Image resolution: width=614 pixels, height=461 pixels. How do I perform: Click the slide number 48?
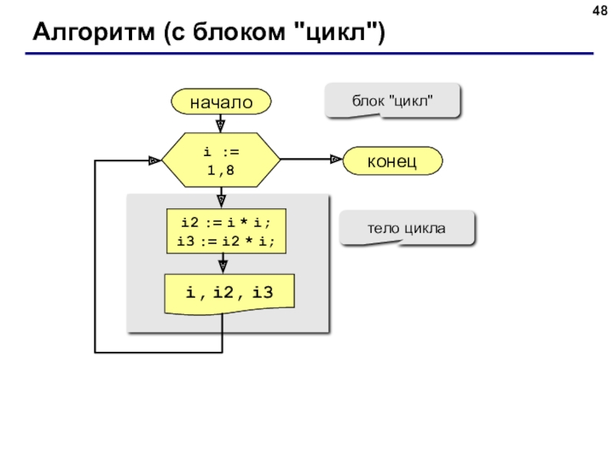point(600,11)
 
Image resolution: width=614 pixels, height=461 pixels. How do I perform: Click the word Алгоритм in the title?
point(94,32)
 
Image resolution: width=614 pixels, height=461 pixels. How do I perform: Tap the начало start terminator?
point(221,101)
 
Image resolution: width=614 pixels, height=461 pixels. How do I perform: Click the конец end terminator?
point(392,161)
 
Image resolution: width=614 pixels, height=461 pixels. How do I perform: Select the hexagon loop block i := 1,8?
point(221,160)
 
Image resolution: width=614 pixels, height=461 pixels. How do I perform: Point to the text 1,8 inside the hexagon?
point(220,170)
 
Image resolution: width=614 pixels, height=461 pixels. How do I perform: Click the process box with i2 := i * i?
point(226,231)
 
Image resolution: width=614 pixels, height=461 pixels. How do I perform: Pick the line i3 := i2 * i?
point(226,240)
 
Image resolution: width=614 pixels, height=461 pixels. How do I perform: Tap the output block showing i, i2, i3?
point(229,294)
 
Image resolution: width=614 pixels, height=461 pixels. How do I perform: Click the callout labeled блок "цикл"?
point(392,101)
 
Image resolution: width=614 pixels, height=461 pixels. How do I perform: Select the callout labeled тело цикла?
point(407,228)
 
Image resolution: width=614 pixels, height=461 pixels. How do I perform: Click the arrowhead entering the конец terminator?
point(336,159)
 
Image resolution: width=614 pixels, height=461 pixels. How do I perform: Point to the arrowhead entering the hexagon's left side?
point(155,161)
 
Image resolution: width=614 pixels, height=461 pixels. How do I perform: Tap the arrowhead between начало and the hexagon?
point(220,126)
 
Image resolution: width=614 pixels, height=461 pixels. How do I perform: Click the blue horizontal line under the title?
point(309,53)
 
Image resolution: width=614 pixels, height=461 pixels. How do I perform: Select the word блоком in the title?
point(239,32)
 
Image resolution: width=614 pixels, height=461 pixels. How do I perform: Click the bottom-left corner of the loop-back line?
point(94,353)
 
